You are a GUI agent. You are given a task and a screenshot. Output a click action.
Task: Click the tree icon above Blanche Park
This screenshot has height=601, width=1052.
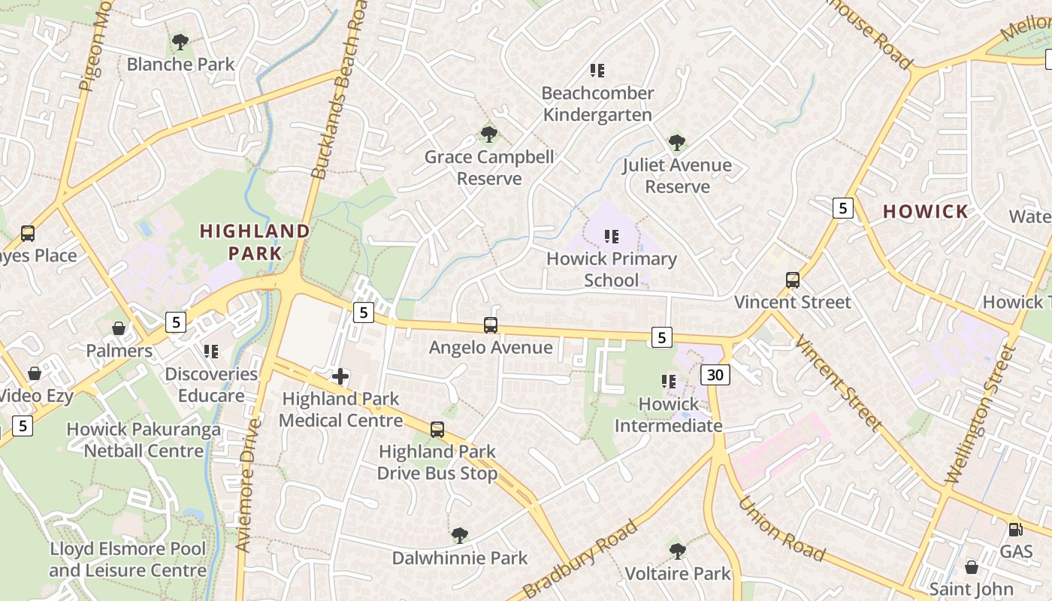click(180, 41)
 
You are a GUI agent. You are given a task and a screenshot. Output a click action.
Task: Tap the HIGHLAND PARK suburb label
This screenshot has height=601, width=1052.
click(255, 242)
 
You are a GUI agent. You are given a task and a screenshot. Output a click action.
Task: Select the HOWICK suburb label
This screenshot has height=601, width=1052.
click(926, 212)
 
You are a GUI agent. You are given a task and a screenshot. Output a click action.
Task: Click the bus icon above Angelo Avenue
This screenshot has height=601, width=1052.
click(491, 325)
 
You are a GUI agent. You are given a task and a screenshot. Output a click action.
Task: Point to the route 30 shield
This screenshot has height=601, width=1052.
click(717, 374)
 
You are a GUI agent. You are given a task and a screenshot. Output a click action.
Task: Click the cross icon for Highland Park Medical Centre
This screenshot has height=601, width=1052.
click(340, 376)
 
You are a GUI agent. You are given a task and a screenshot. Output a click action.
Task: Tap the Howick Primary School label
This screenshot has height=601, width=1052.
click(612, 270)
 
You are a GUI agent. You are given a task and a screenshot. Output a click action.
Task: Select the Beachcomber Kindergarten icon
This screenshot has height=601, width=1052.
click(597, 71)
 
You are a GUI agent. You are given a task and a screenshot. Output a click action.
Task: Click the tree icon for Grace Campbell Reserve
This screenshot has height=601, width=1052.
click(489, 134)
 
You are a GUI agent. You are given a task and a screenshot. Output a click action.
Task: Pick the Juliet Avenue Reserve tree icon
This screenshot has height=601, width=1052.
click(677, 142)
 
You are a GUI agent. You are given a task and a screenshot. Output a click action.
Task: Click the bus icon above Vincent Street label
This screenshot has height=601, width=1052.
click(793, 280)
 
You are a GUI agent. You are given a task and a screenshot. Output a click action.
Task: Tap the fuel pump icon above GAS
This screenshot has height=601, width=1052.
click(1016, 529)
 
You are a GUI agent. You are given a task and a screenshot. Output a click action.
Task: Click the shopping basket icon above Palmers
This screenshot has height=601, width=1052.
click(119, 328)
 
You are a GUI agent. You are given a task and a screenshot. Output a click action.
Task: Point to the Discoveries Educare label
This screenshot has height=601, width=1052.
click(210, 385)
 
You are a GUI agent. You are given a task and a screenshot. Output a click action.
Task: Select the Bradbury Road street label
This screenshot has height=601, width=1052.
click(581, 559)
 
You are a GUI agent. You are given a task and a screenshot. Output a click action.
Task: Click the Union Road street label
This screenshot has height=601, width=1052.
click(782, 527)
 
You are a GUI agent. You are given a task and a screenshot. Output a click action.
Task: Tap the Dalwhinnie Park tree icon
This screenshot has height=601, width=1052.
click(460, 536)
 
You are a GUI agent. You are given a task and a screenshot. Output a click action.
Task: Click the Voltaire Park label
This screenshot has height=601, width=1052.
click(678, 574)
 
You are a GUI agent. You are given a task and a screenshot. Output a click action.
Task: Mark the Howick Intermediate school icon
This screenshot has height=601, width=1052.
click(669, 382)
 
